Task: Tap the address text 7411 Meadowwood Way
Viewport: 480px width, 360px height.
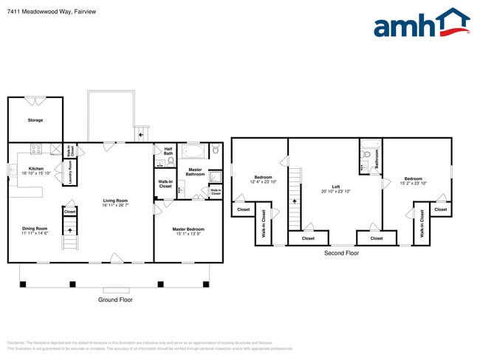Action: (x=37, y=12)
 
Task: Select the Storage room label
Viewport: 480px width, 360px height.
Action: (x=35, y=120)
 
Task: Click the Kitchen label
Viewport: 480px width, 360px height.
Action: (x=35, y=168)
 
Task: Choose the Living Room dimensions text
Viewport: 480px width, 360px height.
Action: (x=115, y=206)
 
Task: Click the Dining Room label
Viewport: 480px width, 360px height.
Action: (x=35, y=228)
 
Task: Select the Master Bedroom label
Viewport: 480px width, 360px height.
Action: (x=188, y=229)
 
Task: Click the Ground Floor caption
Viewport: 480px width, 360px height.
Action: (x=116, y=300)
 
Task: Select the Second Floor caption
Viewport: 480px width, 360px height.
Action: (x=341, y=253)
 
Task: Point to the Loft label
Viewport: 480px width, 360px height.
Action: (x=335, y=187)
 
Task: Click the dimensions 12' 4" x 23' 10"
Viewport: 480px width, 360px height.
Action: (x=264, y=181)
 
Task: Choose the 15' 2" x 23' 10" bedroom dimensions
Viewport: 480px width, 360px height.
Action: (x=413, y=181)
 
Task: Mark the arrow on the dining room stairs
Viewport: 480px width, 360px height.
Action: (x=70, y=229)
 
